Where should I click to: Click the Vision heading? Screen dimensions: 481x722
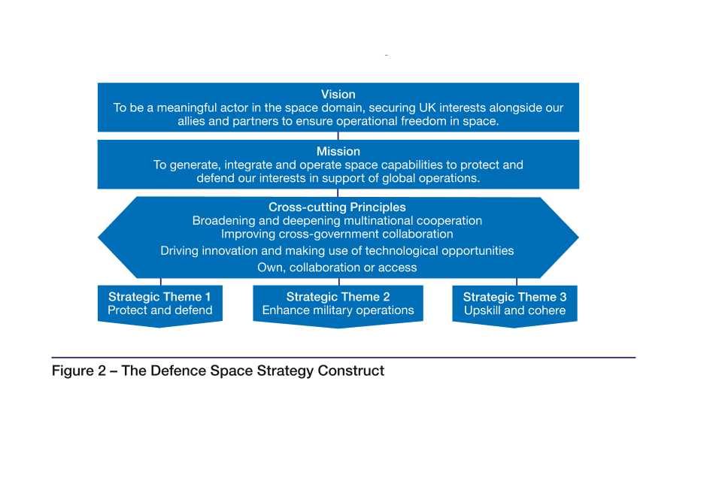(x=338, y=95)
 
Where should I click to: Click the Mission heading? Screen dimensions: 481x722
(x=338, y=152)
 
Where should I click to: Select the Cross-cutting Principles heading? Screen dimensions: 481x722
(x=337, y=207)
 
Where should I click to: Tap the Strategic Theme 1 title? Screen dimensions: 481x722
(x=159, y=297)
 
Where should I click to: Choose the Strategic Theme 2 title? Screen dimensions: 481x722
(x=338, y=297)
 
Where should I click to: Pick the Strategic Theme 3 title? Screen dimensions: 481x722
(x=514, y=297)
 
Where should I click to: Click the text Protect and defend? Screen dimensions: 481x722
(x=160, y=310)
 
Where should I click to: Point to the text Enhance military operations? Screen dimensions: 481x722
(x=338, y=310)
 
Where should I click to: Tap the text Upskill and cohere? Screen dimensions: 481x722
(x=514, y=310)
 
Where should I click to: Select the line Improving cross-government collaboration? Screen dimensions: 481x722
(x=337, y=234)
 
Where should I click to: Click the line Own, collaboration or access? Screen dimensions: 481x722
(x=337, y=268)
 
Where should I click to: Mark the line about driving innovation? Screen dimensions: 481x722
(x=337, y=251)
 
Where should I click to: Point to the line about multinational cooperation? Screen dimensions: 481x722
(x=337, y=221)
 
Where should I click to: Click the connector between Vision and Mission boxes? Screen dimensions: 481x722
(x=338, y=136)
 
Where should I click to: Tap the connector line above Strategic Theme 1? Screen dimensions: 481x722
(x=160, y=282)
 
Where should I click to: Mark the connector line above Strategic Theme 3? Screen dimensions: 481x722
(x=516, y=282)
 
